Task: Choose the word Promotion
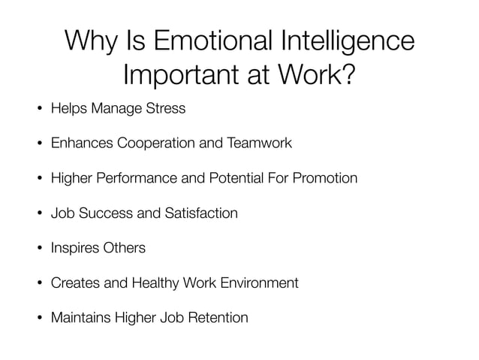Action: point(325,178)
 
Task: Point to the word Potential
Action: point(233,178)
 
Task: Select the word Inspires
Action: point(72,248)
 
